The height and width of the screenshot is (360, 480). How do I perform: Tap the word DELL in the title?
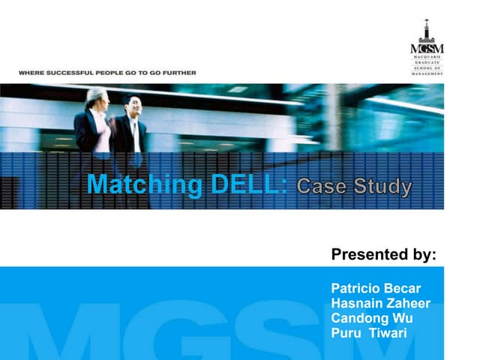point(243,184)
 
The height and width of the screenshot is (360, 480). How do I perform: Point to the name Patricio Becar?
point(376,289)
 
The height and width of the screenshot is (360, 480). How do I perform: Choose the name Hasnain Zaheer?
point(380,304)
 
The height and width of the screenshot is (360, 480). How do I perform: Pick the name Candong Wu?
point(372,319)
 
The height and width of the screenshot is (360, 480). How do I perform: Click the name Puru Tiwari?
point(368,333)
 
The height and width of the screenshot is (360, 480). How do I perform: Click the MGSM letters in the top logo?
point(427,49)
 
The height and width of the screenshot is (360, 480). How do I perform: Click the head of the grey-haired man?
point(95,98)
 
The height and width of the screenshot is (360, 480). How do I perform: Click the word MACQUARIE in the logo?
point(427,57)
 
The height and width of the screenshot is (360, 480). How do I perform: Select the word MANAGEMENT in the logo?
point(427,73)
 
